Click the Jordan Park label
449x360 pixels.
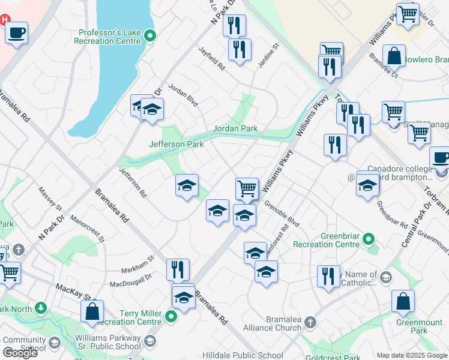tap(235, 128)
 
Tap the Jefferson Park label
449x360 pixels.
tap(176, 144)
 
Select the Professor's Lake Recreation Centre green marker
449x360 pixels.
tap(150, 36)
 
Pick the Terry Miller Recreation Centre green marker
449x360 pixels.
tap(172, 317)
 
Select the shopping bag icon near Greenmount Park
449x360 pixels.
tap(403, 301)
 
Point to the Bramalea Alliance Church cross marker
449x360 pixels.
tap(310, 322)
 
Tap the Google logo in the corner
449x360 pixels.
tap(20, 352)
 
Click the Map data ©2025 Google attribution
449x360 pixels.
tap(412, 355)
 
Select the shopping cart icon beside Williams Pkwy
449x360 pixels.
tap(247, 188)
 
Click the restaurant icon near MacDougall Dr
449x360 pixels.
tap(178, 269)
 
